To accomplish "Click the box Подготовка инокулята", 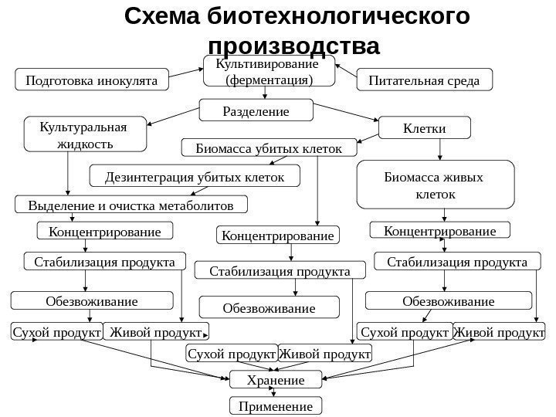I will coord(92,80).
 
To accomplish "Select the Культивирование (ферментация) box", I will coord(269,71).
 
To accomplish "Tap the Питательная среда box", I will coord(424,80).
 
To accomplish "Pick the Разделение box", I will coord(256,111).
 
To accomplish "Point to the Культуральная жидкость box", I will coord(86,134).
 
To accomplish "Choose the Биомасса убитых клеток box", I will coord(269,147).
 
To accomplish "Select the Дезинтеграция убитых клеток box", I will coord(194,178).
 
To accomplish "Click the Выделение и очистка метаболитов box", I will coord(131,205).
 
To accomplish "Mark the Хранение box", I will coord(275,380).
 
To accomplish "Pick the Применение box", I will coord(275,406).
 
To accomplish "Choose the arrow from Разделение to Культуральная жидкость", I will coord(174,117).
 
